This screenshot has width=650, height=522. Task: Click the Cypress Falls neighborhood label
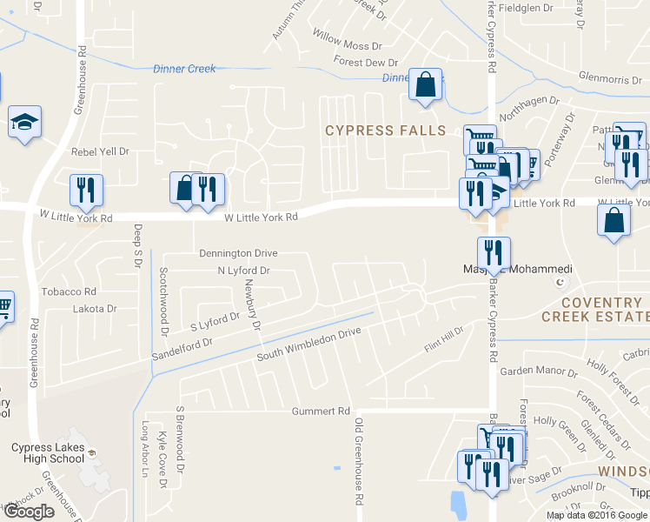coord(385,130)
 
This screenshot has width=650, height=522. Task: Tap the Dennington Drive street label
coord(238,253)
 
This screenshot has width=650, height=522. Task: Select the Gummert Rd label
coord(321,411)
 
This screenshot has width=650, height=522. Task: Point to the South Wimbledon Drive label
coord(308,345)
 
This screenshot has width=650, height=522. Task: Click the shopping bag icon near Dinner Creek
coord(426,85)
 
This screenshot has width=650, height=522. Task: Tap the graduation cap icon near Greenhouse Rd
coord(25,124)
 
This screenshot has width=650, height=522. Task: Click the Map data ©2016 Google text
coord(596,515)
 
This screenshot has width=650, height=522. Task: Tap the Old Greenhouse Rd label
coord(357,461)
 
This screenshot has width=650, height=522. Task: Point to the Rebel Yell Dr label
coord(100,151)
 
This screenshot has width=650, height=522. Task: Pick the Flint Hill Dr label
coord(444,340)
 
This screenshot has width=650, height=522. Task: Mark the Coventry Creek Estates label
coord(595,310)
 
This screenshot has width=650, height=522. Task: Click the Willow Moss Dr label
coord(348,44)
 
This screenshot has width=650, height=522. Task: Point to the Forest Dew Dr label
coord(365,62)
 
